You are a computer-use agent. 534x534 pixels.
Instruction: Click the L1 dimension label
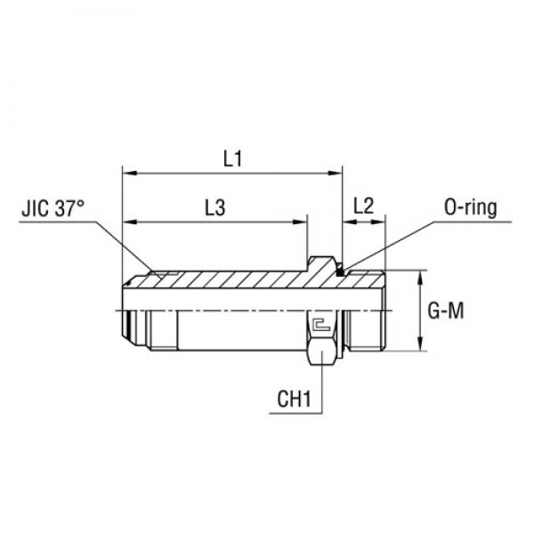(232, 159)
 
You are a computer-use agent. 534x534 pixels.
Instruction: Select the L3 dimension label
(214, 206)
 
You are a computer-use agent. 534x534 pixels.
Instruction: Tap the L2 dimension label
(363, 205)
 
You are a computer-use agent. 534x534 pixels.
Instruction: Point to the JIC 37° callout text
(53, 214)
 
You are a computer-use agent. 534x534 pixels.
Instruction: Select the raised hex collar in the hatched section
(321, 265)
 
